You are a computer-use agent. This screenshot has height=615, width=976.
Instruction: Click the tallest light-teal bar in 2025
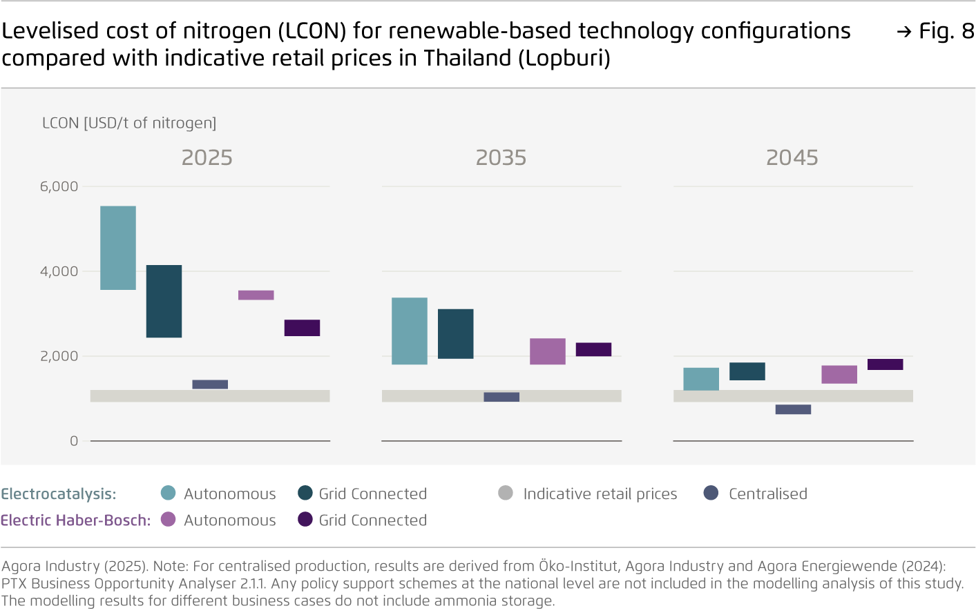(x=118, y=248)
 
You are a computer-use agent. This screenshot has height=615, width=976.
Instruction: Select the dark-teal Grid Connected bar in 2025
(x=164, y=301)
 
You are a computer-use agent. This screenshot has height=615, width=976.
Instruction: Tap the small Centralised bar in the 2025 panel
(x=210, y=384)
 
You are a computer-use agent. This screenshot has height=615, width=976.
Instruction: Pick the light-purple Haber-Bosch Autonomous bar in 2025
(x=256, y=295)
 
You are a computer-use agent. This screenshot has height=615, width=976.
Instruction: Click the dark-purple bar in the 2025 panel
(x=302, y=328)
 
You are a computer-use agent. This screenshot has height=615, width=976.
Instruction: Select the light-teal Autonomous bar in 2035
(x=410, y=331)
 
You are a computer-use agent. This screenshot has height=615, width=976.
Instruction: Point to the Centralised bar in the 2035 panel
(x=501, y=397)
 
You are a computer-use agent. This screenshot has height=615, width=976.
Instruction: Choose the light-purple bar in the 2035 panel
(x=548, y=351)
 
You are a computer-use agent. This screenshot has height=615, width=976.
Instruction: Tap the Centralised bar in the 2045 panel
(x=793, y=409)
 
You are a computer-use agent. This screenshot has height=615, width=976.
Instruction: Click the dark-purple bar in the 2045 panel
(x=885, y=364)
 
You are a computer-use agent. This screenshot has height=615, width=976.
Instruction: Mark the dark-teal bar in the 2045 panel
(x=747, y=371)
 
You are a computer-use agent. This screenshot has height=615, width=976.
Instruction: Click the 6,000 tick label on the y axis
(x=59, y=186)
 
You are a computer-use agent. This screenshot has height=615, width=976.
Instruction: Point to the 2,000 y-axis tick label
(x=59, y=356)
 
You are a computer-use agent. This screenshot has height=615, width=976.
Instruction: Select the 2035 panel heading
(x=501, y=158)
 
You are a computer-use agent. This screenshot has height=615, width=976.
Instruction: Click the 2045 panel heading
(x=792, y=158)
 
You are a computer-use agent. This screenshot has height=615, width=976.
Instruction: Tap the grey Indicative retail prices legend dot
(x=506, y=493)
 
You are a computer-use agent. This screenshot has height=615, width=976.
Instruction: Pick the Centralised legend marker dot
(x=711, y=493)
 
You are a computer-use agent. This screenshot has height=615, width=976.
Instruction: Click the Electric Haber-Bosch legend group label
(x=75, y=520)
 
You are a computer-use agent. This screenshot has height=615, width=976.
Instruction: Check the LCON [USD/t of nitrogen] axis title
(x=129, y=123)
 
